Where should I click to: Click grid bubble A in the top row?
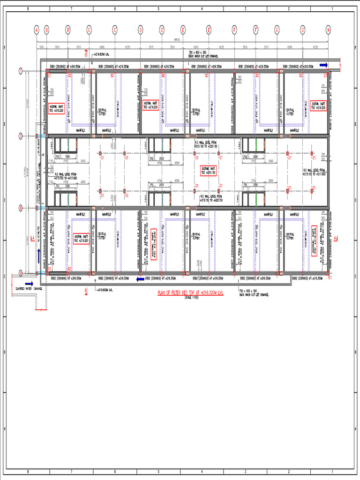[x=37, y=30]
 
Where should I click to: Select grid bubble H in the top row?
[x=329, y=30]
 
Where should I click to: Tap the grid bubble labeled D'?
[x=162, y=30]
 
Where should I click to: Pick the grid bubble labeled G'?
[x=303, y=30]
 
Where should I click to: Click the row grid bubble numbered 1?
[x=21, y=71]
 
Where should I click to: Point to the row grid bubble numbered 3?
[x=21, y=136]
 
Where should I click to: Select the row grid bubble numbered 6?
[x=21, y=207]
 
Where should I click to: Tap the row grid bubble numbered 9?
[x=21, y=273]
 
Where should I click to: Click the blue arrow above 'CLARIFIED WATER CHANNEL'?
[x=29, y=284]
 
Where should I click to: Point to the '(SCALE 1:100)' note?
[x=191, y=298]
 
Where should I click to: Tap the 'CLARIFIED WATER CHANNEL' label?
[x=29, y=288]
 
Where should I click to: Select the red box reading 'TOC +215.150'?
[x=208, y=171]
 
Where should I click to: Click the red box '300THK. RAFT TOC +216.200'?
[x=319, y=106]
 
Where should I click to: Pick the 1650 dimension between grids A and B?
[x=41, y=47]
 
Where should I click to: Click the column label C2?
[x=69, y=269]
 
